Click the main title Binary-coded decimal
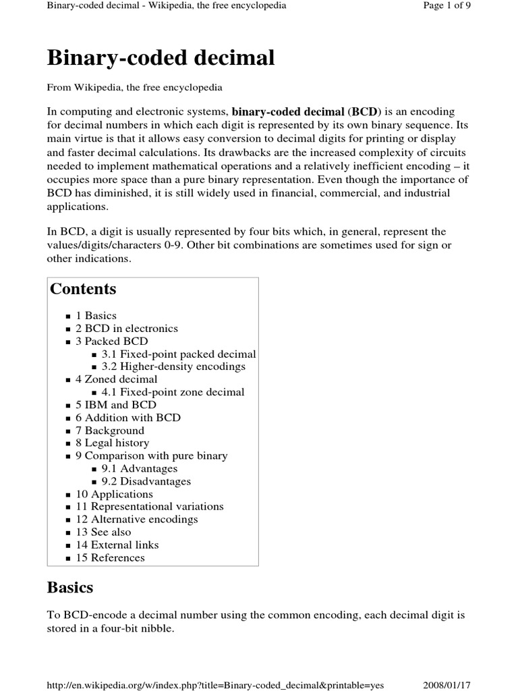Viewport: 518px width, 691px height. [161, 58]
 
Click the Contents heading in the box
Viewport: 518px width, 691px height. [83, 289]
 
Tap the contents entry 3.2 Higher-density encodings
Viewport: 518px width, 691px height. [173, 366]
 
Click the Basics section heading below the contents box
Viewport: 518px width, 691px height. [70, 588]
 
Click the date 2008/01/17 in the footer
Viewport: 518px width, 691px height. [447, 685]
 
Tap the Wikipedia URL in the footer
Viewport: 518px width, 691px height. [215, 685]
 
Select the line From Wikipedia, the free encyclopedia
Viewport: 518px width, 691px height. [135, 88]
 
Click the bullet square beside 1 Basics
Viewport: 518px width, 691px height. [69, 316]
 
